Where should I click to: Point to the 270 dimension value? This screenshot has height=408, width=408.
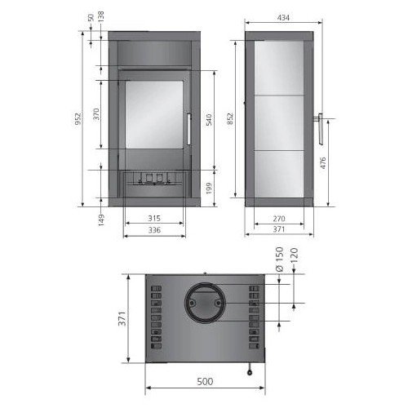tap(278, 218)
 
